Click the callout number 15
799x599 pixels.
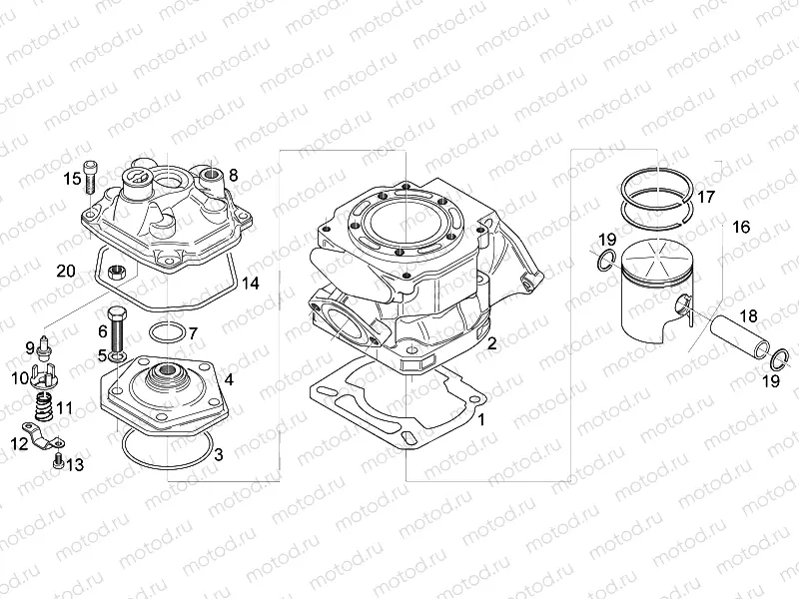[71, 179]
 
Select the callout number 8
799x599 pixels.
[233, 175]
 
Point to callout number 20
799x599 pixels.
[67, 271]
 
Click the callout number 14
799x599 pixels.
[250, 284]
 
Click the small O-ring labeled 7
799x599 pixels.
[166, 331]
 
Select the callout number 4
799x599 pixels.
[229, 379]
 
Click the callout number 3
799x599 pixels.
[218, 455]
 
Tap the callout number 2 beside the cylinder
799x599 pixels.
[492, 343]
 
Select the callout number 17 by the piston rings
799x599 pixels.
[705, 197]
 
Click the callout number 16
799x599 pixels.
[741, 228]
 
